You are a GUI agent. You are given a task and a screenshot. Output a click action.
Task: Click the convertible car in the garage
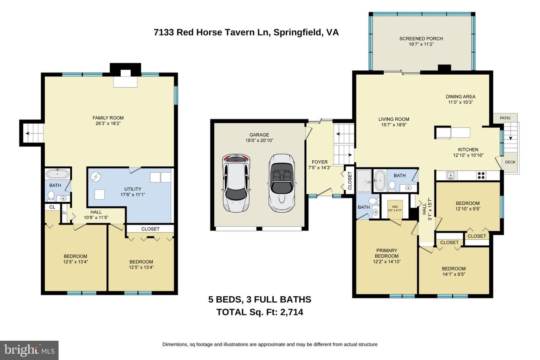(281, 183)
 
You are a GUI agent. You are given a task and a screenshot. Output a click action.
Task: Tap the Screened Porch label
(421, 38)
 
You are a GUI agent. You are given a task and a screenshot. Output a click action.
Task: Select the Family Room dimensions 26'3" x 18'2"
(108, 124)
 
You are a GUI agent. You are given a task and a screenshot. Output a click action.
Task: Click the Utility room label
(132, 189)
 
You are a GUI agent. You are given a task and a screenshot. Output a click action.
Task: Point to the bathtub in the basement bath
(58, 173)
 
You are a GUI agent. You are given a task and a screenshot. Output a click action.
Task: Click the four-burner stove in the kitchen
(481, 175)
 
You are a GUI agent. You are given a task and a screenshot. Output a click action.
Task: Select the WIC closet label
(395, 207)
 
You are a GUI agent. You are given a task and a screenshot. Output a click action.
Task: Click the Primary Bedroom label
(387, 253)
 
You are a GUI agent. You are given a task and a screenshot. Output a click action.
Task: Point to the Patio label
(505, 118)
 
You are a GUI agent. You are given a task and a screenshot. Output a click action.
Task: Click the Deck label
(510, 162)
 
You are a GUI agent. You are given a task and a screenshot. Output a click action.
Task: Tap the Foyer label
(320, 162)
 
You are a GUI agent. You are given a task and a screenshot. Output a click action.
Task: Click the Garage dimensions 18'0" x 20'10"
(259, 141)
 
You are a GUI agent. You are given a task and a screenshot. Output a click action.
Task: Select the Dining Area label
(460, 97)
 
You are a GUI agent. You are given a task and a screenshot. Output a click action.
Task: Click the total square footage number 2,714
(292, 312)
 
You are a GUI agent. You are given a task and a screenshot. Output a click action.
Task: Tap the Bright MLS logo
(29, 350)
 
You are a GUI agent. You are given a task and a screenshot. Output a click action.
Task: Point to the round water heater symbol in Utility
(96, 177)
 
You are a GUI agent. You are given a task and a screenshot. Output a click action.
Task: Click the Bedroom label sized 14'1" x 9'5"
(454, 268)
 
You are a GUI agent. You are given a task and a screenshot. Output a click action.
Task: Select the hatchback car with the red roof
(236, 183)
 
